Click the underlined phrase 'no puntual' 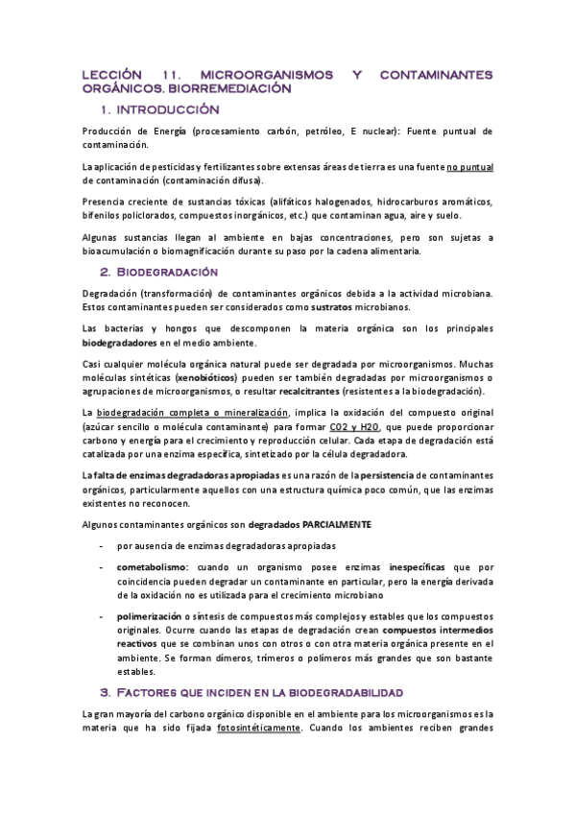(468, 167)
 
